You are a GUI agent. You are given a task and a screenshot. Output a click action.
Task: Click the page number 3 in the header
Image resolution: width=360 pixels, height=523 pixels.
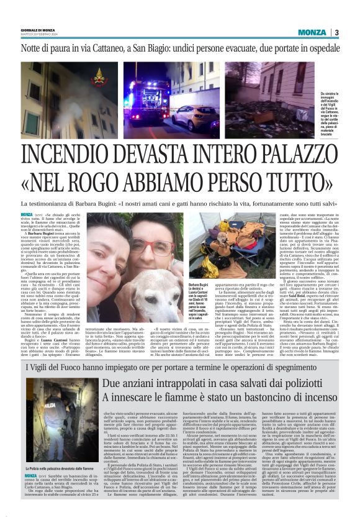point(336,32)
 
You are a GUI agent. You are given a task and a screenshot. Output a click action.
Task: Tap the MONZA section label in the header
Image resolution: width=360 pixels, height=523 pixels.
point(312,32)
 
